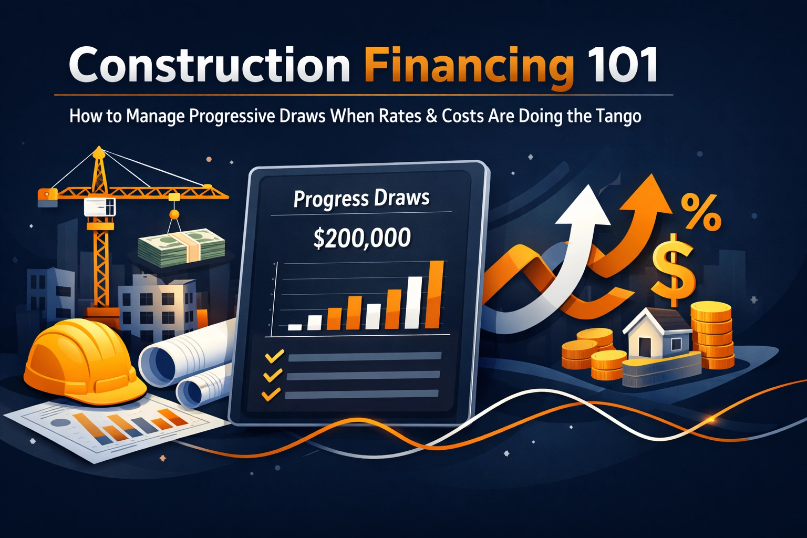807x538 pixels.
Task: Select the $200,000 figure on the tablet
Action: pos(361,238)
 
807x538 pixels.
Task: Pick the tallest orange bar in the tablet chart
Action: pos(434,294)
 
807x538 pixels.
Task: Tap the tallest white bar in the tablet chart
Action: pos(414,302)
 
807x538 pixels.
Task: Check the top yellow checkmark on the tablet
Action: pos(275,356)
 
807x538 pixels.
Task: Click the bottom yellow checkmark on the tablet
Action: pos(271,394)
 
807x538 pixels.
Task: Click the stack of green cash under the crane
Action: pos(181,247)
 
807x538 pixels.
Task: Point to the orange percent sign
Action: pos(701,213)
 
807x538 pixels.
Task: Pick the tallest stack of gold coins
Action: pos(712,336)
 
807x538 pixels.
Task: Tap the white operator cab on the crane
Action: pos(100,207)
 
